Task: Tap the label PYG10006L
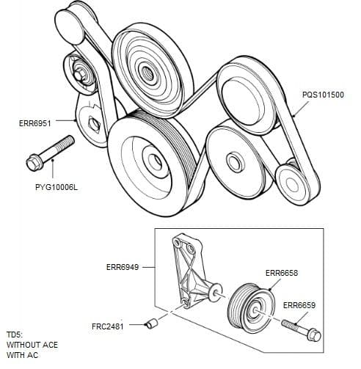tap(56, 188)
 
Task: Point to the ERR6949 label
tap(123, 267)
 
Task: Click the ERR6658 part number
tap(281, 273)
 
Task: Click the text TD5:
tap(15, 335)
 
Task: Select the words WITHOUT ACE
tap(32, 345)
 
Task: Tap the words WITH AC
tap(21, 355)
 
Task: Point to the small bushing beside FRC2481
tap(151, 322)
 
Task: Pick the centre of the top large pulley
tap(146, 72)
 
